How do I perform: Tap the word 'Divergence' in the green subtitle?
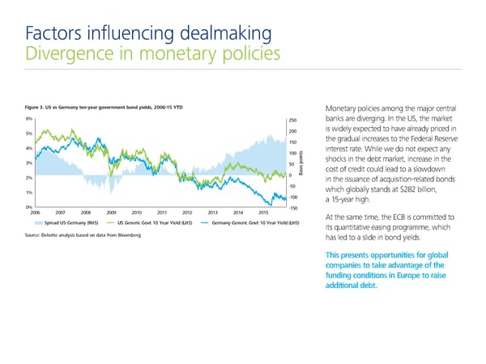pos(69,55)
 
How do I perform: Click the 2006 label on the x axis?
pos(36,214)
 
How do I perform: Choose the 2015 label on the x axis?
pos(263,214)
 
